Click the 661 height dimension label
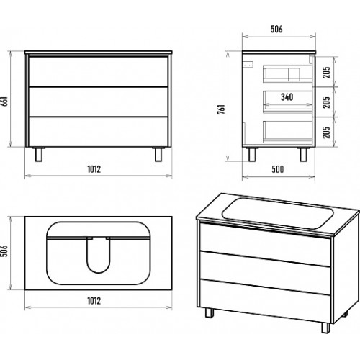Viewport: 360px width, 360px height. coord(5,102)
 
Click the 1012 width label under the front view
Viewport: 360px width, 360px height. coord(94,169)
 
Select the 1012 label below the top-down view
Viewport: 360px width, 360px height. coord(94,301)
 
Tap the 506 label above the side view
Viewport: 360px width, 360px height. coord(276,29)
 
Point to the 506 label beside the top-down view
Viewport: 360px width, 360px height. coord(5,251)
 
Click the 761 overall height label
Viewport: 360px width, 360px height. coord(221,109)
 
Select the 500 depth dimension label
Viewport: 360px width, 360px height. coord(278,169)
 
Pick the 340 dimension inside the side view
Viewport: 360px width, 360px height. coord(287,97)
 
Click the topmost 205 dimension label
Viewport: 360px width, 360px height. coord(326,72)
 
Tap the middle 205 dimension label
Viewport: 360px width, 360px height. coord(326,102)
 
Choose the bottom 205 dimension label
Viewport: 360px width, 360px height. coord(326,132)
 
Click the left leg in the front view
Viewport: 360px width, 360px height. coord(39,154)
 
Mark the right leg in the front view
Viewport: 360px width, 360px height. coord(158,154)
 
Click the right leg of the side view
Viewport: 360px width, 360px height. coord(304,154)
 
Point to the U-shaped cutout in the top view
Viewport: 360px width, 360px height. coord(99,256)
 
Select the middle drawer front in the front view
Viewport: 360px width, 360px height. coord(99,102)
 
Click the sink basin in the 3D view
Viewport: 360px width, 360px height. coord(278,213)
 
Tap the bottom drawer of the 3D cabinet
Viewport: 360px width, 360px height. coord(265,301)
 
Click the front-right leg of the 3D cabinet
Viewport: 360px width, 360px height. coord(325,328)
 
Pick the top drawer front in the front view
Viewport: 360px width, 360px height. coord(99,72)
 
